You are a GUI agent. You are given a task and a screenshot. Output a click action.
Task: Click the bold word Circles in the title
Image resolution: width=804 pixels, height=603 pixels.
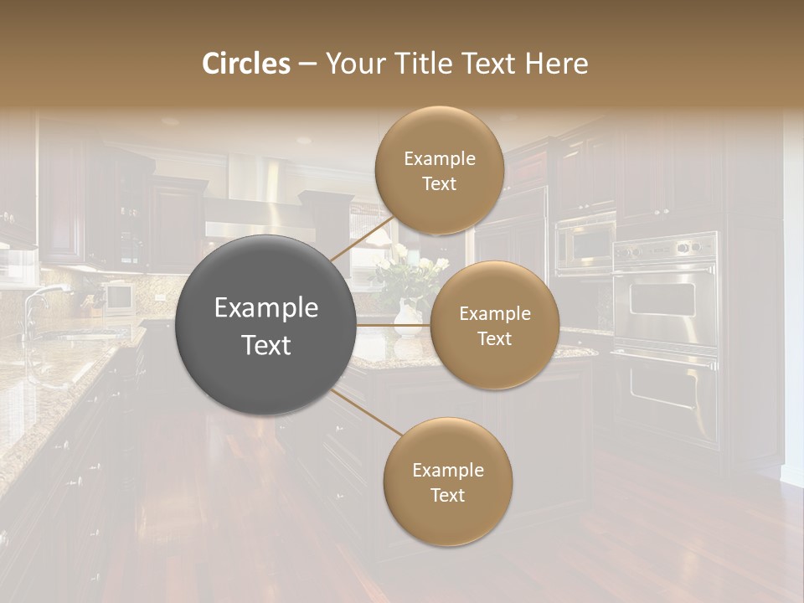click(246, 64)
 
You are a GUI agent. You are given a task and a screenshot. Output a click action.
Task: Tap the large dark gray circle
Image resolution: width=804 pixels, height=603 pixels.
click(266, 325)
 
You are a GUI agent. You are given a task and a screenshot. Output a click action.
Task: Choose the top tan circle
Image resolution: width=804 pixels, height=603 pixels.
click(439, 171)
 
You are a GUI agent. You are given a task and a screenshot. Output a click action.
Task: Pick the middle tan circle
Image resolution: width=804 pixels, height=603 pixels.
click(495, 325)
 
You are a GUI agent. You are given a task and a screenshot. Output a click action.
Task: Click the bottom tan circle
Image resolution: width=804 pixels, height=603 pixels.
click(447, 482)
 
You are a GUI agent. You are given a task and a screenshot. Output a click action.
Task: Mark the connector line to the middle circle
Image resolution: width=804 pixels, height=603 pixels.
click(394, 325)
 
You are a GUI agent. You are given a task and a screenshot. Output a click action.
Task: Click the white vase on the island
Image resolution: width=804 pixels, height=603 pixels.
click(408, 318)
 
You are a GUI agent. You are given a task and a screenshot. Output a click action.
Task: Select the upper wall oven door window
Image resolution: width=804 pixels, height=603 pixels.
click(662, 298)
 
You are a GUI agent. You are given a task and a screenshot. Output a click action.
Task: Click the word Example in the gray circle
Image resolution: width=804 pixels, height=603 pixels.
click(266, 308)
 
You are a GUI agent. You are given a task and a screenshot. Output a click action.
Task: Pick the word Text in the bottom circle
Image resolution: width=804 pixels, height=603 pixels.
click(447, 495)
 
